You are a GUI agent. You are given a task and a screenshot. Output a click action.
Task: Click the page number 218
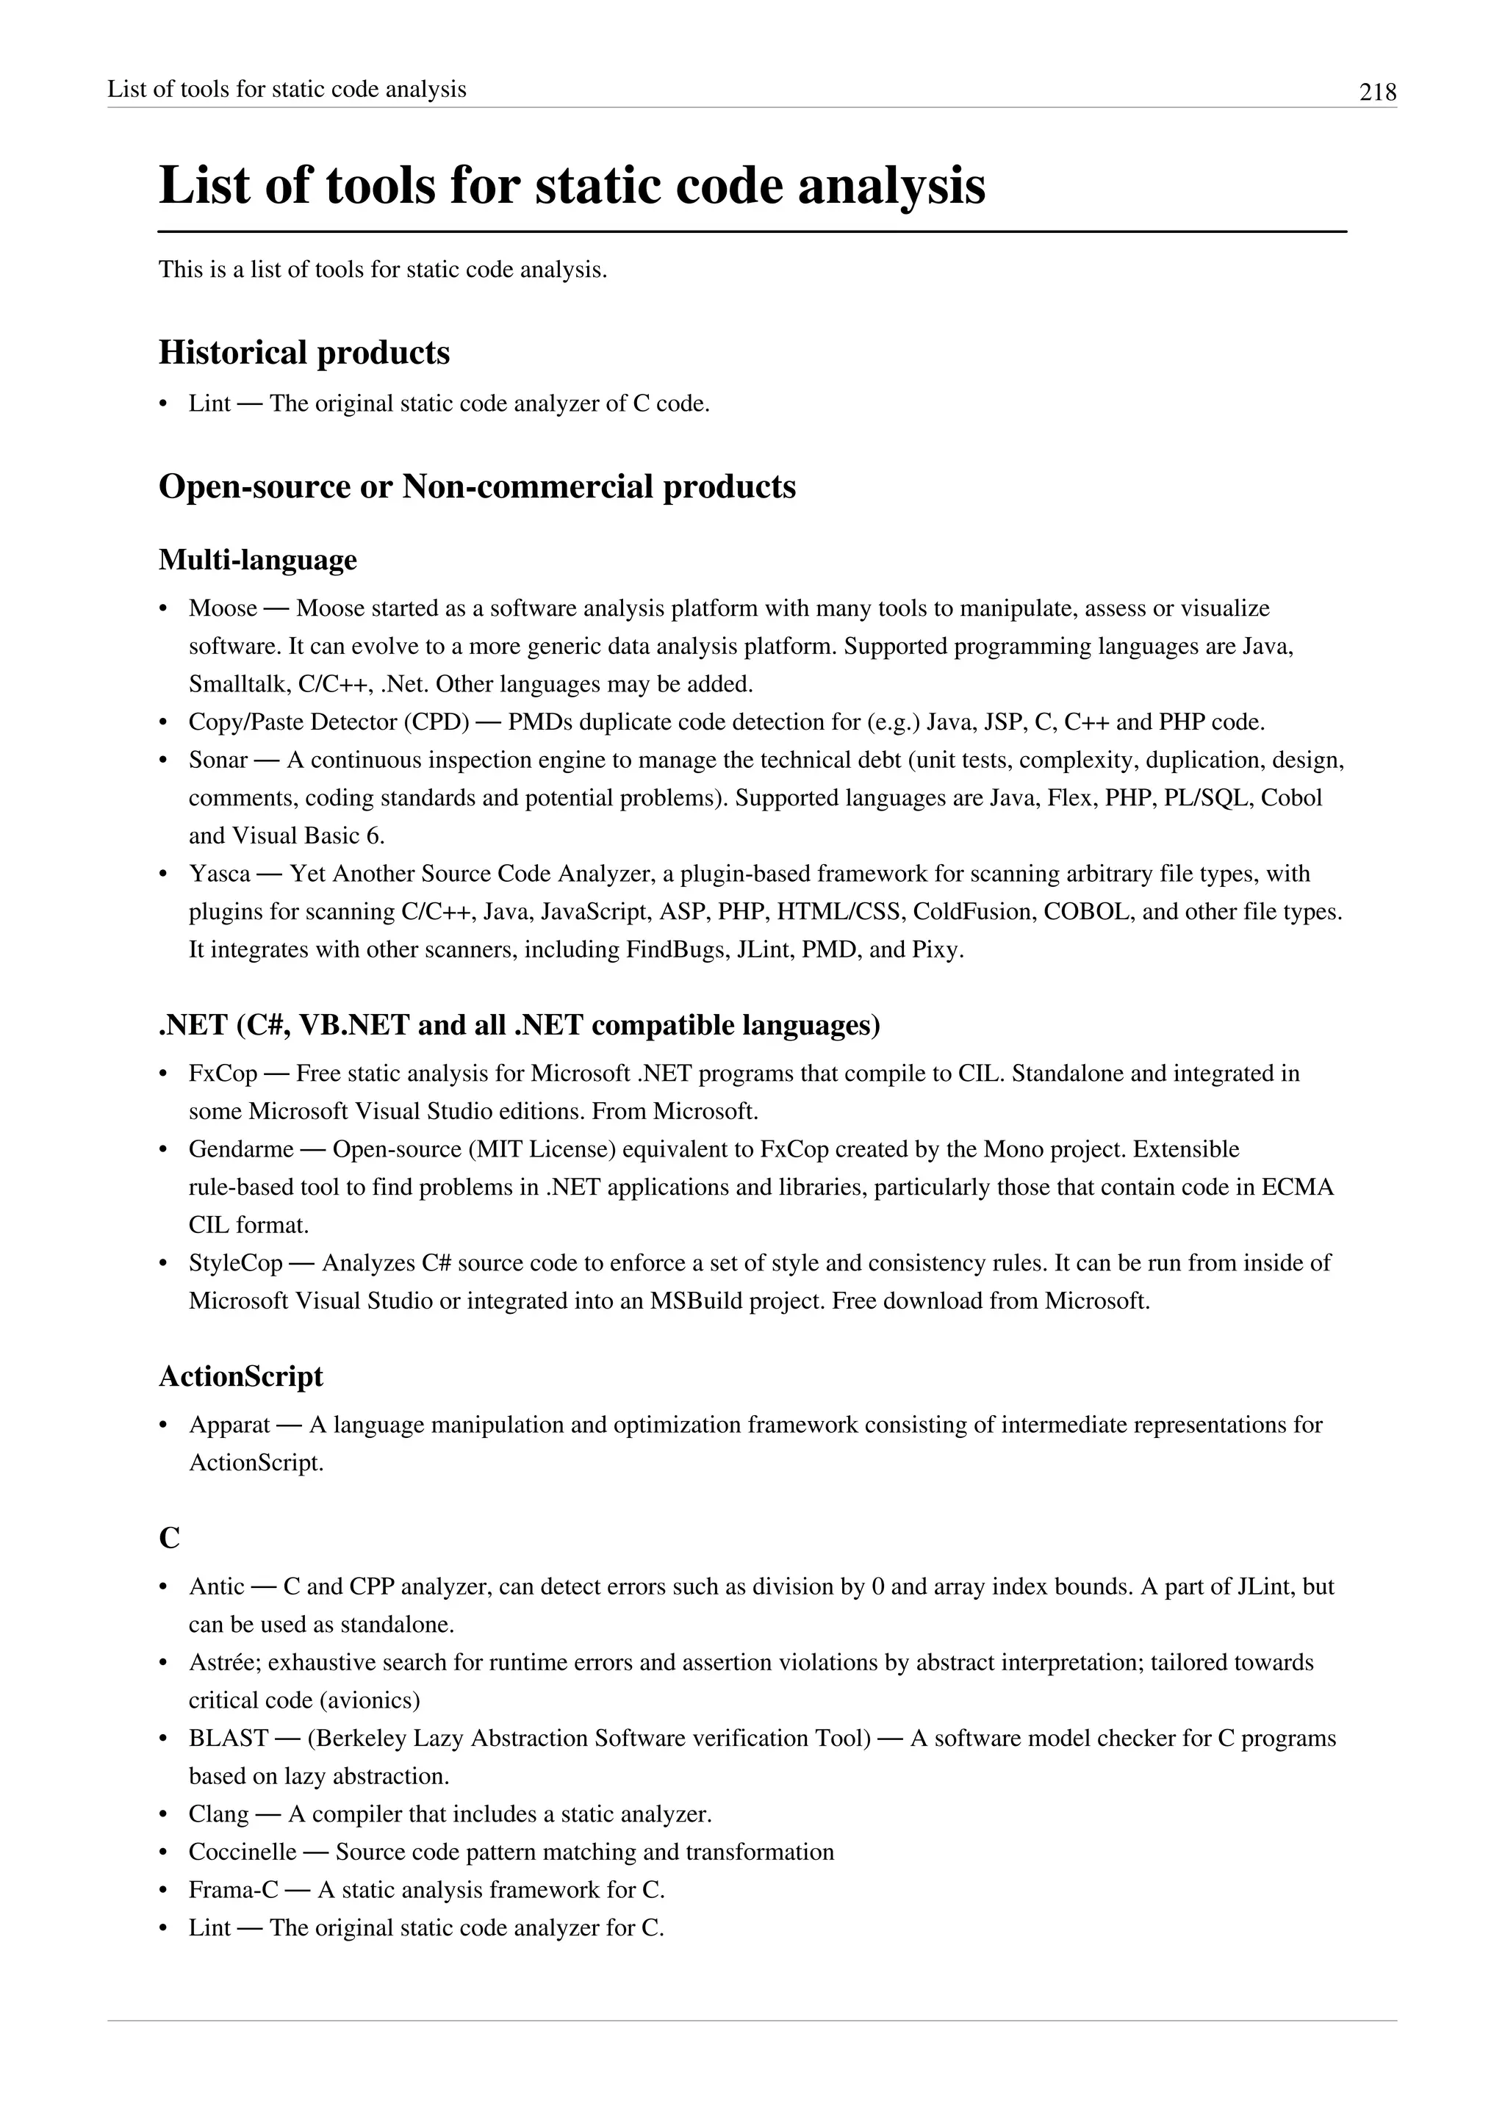(1377, 92)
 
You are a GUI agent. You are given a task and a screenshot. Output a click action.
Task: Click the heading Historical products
(304, 353)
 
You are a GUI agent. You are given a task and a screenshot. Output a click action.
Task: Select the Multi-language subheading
(258, 560)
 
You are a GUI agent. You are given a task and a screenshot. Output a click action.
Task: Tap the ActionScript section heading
(241, 1376)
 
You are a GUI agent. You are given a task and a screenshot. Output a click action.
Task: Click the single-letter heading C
(170, 1538)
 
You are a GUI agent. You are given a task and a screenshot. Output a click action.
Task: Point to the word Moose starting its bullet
(223, 609)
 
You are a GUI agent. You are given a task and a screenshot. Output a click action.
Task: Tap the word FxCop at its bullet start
(223, 1074)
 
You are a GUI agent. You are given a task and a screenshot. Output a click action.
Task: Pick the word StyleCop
(235, 1263)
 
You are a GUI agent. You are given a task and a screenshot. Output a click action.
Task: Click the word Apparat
(229, 1425)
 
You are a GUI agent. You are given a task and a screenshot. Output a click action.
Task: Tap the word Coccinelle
(242, 1852)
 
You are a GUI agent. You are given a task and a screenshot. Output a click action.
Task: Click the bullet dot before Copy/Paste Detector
(164, 723)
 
